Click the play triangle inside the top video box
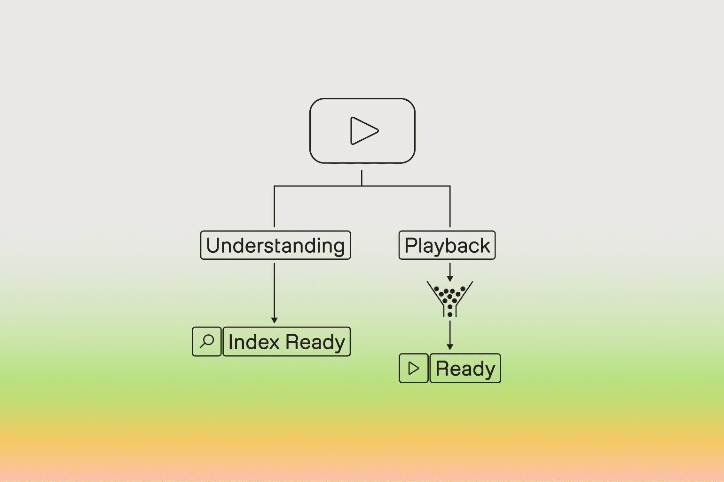click(x=363, y=131)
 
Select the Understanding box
click(x=275, y=245)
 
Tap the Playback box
click(x=447, y=245)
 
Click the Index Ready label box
click(x=287, y=342)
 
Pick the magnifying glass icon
click(x=207, y=341)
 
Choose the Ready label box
click(x=465, y=368)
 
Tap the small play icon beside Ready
click(x=414, y=368)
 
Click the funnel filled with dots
click(x=450, y=297)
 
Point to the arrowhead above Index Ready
click(x=275, y=320)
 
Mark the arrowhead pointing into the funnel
click(x=450, y=279)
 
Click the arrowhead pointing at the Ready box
click(x=450, y=347)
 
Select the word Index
click(x=254, y=342)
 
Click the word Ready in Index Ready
click(x=315, y=342)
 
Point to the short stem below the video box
click(x=362, y=178)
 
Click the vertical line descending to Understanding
click(x=275, y=207)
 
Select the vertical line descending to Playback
click(x=450, y=207)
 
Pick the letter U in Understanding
click(x=213, y=246)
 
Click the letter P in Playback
click(x=411, y=246)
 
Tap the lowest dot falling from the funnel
click(x=450, y=314)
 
